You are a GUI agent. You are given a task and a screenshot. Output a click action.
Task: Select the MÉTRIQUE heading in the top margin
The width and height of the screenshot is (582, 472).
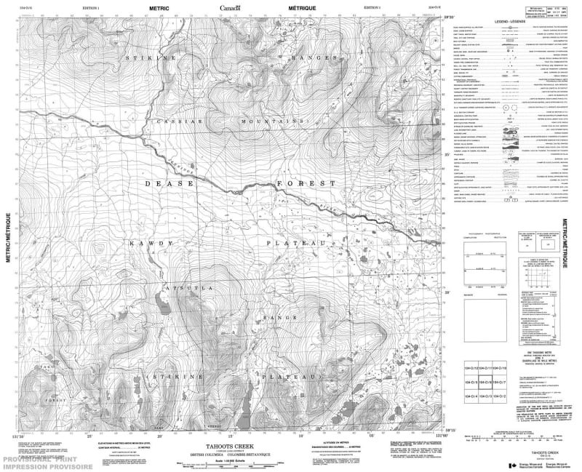coord(301,9)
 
